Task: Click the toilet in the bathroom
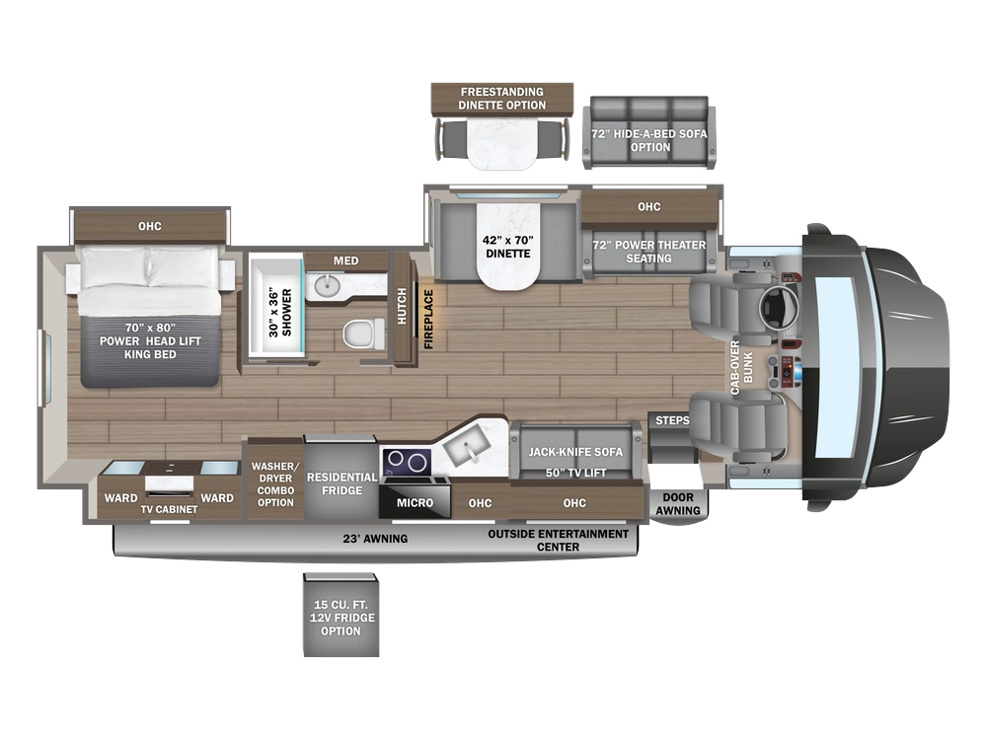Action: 364,333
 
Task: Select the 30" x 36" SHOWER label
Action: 280,313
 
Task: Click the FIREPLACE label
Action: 428,319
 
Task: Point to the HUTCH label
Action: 402,307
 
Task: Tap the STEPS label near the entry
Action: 672,420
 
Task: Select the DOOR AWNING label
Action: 678,504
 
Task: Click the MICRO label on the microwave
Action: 415,503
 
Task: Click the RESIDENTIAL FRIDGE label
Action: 342,483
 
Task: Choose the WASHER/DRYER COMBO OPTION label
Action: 275,483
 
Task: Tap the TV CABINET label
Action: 169,509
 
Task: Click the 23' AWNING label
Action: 375,539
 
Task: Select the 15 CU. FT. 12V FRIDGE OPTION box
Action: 342,615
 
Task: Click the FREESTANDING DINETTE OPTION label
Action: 501,98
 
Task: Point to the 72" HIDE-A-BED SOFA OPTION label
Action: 649,140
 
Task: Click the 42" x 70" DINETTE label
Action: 508,247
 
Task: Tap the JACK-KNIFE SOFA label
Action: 575,452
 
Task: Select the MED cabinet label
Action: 346,260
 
